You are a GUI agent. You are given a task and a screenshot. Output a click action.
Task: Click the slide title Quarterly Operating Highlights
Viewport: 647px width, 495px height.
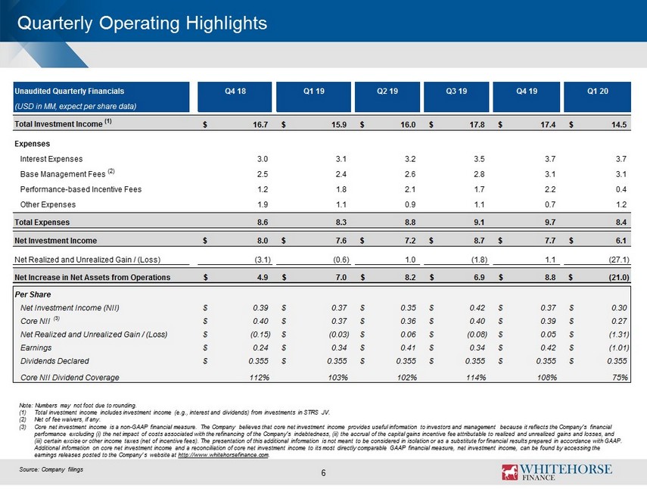[142, 23]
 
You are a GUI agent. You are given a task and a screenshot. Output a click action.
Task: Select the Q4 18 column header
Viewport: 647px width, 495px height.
[235, 92]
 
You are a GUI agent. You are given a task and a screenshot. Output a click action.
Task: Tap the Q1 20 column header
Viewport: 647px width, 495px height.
[598, 92]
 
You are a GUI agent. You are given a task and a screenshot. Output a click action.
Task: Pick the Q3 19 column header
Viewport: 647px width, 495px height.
[456, 92]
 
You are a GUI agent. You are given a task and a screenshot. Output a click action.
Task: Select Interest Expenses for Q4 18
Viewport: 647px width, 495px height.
[263, 159]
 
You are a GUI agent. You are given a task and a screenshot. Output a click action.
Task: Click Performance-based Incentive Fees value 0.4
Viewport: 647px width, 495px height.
[621, 189]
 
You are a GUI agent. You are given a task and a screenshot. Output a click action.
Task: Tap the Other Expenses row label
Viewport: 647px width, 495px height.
[48, 205]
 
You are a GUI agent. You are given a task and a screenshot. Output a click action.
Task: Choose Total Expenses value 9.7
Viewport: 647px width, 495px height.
[550, 223]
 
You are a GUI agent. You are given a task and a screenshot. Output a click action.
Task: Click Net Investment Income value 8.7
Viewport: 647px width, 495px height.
[479, 241]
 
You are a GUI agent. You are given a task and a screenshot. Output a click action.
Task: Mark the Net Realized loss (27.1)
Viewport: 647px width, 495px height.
[619, 260]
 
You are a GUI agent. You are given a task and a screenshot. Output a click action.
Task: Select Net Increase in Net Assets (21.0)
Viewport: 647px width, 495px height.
[619, 278]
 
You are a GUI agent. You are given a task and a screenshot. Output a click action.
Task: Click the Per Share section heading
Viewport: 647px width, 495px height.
[33, 294]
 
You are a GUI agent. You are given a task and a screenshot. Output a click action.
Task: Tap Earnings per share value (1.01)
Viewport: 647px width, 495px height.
[618, 347]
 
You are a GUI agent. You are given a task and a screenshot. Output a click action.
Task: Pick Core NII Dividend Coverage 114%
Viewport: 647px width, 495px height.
[476, 378]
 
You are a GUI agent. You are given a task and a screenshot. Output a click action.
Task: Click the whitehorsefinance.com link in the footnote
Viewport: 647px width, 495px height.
[223, 455]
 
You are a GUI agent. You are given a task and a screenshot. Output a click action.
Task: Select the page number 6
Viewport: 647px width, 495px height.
[324, 473]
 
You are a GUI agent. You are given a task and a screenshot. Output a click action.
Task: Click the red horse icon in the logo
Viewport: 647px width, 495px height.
[509, 472]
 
